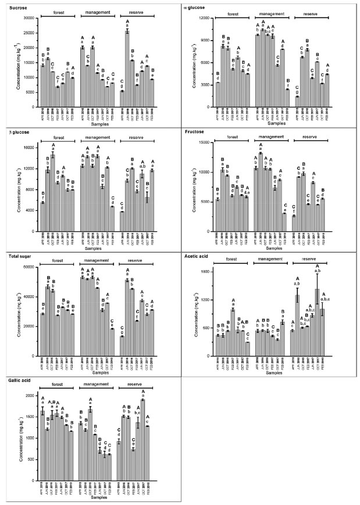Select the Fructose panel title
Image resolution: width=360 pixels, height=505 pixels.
195,132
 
